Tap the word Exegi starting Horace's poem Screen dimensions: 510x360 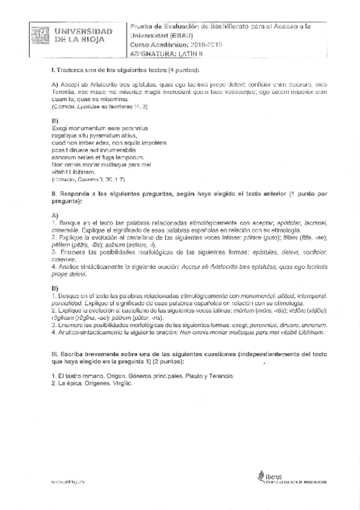tap(60, 129)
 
